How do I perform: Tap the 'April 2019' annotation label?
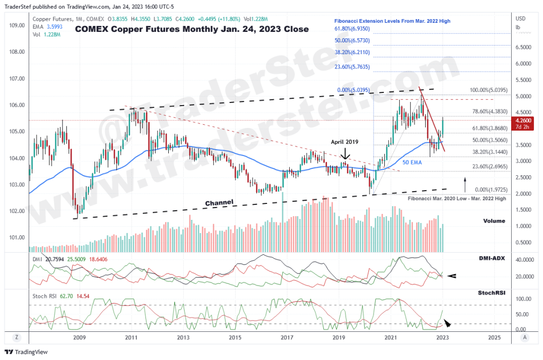346,142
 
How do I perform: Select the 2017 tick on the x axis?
287,337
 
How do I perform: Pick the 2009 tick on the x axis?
79,337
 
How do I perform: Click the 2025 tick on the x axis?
494,337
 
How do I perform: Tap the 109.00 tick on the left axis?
18,25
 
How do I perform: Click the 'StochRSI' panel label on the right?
492,293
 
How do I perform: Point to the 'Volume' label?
494,221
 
